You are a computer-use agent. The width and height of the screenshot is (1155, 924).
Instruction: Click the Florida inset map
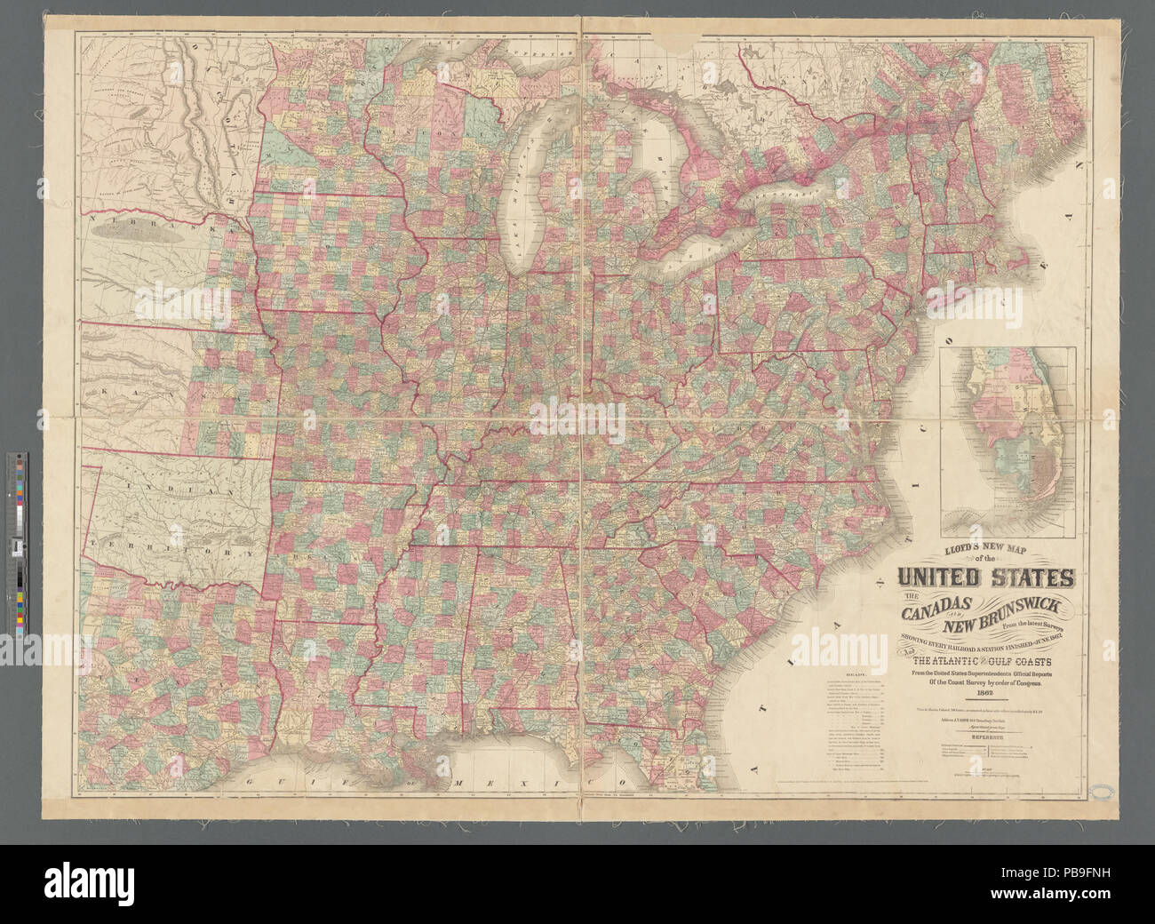[1008, 426]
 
